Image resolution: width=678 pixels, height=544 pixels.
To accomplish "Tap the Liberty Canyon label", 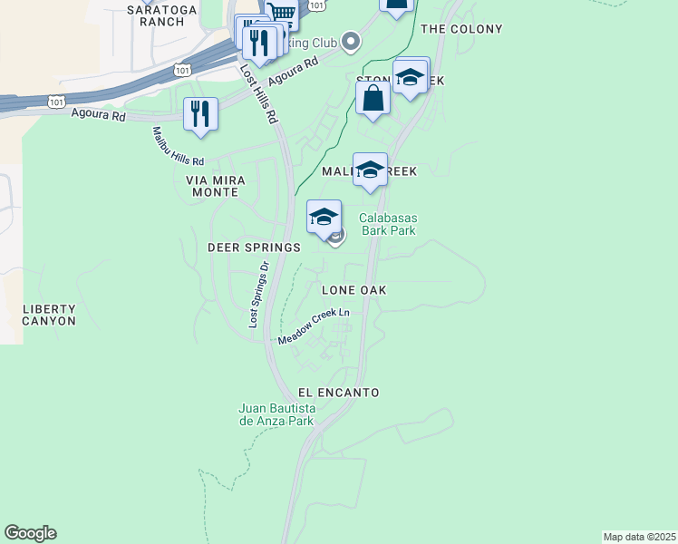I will [49, 315].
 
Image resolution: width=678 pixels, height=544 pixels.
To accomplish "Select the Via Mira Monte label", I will [213, 186].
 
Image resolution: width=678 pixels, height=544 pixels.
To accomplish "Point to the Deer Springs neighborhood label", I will [254, 248].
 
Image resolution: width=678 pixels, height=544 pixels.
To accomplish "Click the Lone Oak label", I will [354, 290].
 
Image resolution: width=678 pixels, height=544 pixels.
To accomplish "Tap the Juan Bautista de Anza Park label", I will [276, 414].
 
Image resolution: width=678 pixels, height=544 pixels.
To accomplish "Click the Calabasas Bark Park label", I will [387, 224].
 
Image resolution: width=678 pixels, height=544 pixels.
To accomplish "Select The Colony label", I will [461, 29].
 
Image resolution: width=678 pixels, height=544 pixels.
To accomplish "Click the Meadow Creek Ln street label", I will [314, 327].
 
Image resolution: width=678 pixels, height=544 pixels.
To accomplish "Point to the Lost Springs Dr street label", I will [259, 295].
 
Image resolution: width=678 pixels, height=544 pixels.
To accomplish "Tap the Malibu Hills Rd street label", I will [178, 147].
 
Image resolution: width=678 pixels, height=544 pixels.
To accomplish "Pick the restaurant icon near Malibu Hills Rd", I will [200, 113].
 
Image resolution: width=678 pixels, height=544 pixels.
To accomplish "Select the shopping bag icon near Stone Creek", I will [373, 98].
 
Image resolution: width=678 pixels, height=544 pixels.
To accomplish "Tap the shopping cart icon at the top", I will [282, 14].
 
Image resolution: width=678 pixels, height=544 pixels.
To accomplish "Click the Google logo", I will [30, 533].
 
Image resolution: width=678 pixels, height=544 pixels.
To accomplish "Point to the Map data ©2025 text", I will [639, 537].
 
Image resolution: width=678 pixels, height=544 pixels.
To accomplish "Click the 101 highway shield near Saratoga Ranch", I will [184, 69].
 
